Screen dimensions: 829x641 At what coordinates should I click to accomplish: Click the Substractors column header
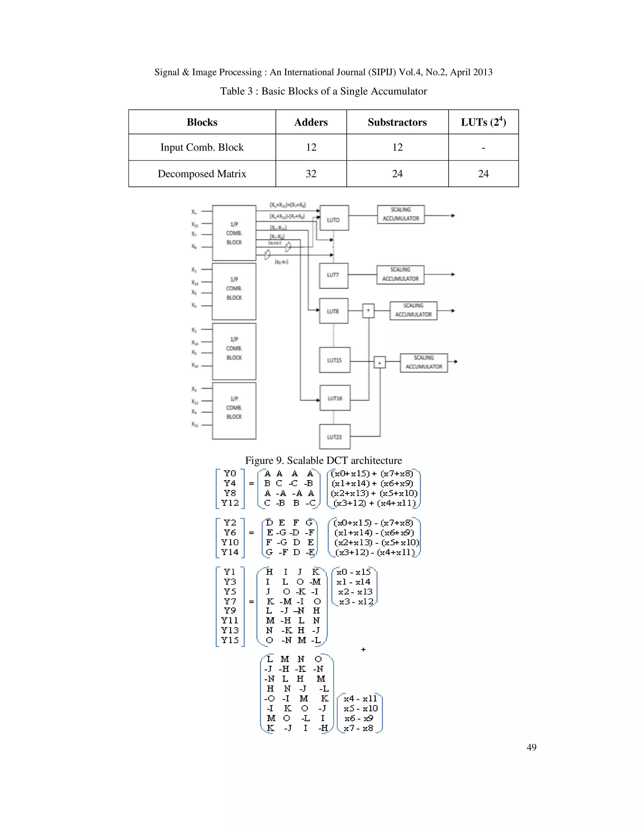point(397,122)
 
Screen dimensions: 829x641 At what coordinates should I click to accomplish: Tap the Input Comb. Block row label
point(202,147)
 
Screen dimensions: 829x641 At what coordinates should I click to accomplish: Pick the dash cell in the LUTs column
point(483,147)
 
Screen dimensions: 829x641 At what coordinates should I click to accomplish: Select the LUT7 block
point(333,276)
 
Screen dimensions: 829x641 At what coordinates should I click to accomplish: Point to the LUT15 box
point(334,360)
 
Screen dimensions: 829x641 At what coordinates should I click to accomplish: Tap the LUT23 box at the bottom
point(334,436)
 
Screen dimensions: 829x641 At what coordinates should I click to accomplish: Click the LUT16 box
point(335,398)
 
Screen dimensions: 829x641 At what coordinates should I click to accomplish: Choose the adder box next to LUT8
point(368,311)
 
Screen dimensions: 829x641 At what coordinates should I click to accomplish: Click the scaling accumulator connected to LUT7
point(400,274)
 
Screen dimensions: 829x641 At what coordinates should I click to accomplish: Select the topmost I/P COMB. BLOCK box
point(234,233)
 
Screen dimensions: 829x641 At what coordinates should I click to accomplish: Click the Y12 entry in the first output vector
point(230,503)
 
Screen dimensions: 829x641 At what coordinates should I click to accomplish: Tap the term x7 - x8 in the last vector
point(358,728)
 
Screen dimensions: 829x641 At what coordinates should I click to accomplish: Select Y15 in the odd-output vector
point(230,640)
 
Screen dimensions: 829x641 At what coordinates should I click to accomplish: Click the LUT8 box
point(333,311)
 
